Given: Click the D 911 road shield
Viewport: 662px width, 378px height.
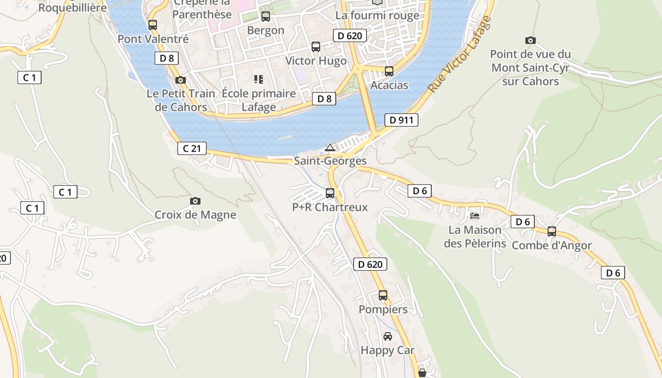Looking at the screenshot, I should [401, 120].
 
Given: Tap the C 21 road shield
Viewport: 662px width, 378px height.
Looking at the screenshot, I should [192, 148].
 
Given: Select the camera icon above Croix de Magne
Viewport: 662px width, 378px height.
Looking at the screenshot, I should [195, 201].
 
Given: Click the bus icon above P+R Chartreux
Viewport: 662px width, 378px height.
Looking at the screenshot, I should [330, 193].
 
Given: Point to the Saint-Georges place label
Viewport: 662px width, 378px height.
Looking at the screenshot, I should [330, 161].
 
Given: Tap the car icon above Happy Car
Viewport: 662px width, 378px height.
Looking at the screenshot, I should [387, 336].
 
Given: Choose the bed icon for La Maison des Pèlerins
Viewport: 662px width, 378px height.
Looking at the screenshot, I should [475, 216].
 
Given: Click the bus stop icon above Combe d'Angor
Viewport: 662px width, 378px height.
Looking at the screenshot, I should [551, 232].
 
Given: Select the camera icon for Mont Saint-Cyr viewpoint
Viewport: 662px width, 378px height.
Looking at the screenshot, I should [530, 41].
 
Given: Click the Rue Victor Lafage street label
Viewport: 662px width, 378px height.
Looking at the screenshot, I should [459, 54].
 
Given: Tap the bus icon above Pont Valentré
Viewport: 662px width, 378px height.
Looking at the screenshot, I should [152, 25].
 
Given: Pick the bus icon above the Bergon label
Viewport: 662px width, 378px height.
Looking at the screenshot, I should [266, 17].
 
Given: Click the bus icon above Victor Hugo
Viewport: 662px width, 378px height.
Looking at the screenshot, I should [315, 47].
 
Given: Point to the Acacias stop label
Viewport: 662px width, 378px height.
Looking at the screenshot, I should [389, 85].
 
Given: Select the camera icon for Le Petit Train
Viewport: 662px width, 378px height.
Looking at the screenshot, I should [180, 80].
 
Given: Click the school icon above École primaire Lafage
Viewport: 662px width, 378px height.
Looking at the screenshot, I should [258, 79].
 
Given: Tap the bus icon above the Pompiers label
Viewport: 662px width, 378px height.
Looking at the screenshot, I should [383, 295].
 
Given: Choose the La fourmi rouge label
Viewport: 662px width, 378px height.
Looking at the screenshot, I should [377, 16].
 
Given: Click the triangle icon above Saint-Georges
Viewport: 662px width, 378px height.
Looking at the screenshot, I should [330, 148].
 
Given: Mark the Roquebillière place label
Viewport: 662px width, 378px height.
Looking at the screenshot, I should [72, 8].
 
